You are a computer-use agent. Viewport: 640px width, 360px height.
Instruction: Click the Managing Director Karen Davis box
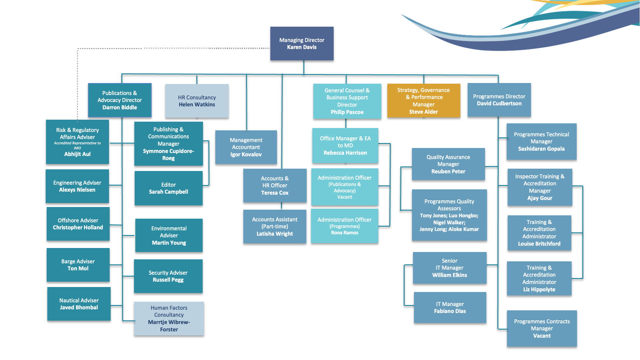pyautogui.click(x=302, y=44)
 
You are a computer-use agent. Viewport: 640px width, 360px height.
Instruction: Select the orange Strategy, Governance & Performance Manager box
pyautogui.click(x=423, y=101)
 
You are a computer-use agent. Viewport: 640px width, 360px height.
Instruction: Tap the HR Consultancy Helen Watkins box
pyautogui.click(x=197, y=101)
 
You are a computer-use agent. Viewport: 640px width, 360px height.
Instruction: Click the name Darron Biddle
pyautogui.click(x=120, y=107)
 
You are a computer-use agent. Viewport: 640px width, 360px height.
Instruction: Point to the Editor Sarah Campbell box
pyautogui.click(x=168, y=188)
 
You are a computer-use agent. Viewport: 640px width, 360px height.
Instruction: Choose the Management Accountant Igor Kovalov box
pyautogui.click(x=246, y=147)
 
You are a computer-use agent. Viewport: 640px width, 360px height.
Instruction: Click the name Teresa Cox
pyautogui.click(x=275, y=193)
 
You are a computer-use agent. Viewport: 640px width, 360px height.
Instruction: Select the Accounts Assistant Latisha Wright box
pyautogui.click(x=275, y=226)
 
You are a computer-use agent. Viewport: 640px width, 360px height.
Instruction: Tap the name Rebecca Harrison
pyautogui.click(x=345, y=153)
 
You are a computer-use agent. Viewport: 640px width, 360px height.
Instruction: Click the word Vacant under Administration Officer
pyautogui.click(x=345, y=197)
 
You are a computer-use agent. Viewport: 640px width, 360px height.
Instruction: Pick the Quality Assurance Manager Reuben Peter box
pyautogui.click(x=448, y=164)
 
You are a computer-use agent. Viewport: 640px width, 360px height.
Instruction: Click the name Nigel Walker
pyautogui.click(x=449, y=222)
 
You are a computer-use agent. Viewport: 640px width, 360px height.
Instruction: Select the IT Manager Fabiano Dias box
pyautogui.click(x=450, y=307)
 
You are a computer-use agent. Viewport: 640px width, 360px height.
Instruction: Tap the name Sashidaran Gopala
pyautogui.click(x=541, y=149)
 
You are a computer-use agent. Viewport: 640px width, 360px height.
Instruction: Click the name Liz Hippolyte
pyautogui.click(x=539, y=289)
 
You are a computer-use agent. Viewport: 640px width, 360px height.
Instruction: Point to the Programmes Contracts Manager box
pyautogui.click(x=542, y=328)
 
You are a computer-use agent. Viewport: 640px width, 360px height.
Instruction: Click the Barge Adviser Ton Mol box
pyautogui.click(x=78, y=265)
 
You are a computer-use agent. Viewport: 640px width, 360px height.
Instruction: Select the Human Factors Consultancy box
pyautogui.click(x=169, y=318)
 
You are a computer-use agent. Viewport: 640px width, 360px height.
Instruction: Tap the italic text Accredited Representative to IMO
pyautogui.click(x=77, y=145)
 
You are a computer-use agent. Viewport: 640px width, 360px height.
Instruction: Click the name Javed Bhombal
pyautogui.click(x=79, y=307)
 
